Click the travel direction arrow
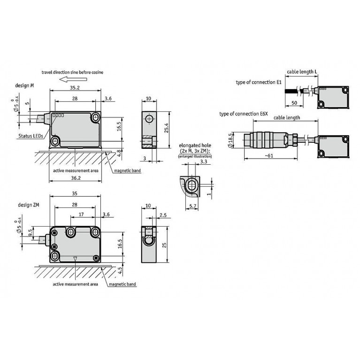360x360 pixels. pos(73,79)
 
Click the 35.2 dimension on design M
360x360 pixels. pos(75,88)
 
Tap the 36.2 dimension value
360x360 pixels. pos(76,178)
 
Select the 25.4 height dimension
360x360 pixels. pos(167,128)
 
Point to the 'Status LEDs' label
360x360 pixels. pos(31,136)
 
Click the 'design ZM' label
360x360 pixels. pos(29,205)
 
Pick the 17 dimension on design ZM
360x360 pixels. pos(81,214)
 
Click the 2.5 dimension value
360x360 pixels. pos(163,215)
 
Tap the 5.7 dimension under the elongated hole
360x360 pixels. pos(192,206)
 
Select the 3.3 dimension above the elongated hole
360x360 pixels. pos(204,161)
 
